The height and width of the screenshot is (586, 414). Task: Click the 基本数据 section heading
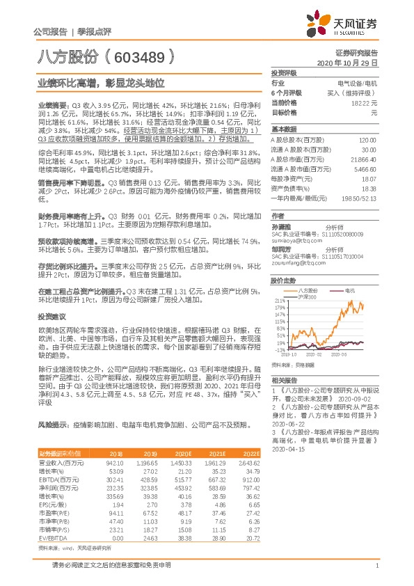(285, 129)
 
